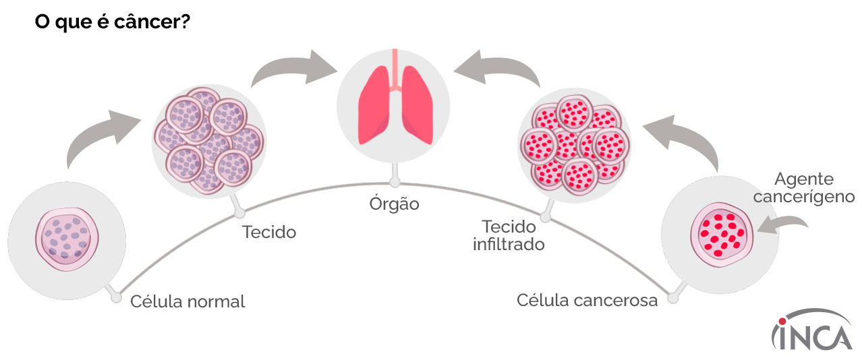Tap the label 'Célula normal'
188,301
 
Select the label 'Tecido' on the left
269,233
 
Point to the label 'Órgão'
394,204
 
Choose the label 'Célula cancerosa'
587,300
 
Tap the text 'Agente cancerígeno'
804,188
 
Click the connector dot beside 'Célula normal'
116,297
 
